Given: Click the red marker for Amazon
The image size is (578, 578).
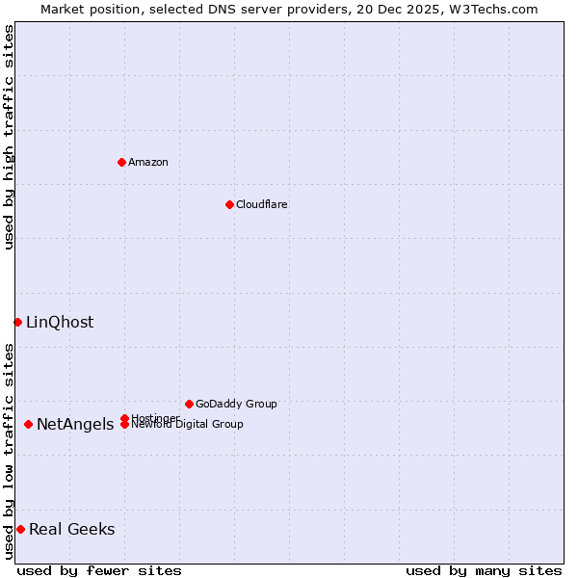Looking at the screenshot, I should tap(121, 162).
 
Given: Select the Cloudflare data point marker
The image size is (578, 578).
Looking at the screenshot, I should tap(229, 204).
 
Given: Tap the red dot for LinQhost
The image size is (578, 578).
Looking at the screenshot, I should tap(17, 322).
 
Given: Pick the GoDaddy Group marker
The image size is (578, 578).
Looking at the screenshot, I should tap(189, 404).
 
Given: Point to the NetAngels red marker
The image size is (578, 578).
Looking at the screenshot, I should tap(28, 424).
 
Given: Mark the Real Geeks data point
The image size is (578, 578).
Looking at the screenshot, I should tap(20, 529).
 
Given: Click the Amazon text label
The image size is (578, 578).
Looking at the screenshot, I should tap(148, 162).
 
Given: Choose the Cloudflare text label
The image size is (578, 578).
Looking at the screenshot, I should tap(261, 204).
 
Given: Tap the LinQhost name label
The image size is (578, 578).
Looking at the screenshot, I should tap(60, 322).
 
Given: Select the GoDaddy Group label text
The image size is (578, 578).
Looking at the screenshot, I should tap(236, 404).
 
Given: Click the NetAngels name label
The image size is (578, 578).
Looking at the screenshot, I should tap(75, 425).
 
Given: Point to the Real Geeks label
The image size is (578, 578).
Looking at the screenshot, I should tap(72, 529).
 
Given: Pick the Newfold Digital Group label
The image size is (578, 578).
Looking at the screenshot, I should tap(187, 425).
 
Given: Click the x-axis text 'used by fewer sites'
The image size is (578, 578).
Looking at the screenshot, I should tap(99, 570).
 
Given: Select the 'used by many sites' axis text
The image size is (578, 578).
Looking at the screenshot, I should tap(484, 570).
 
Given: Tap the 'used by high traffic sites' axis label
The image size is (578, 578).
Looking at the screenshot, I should tap(9, 137).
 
